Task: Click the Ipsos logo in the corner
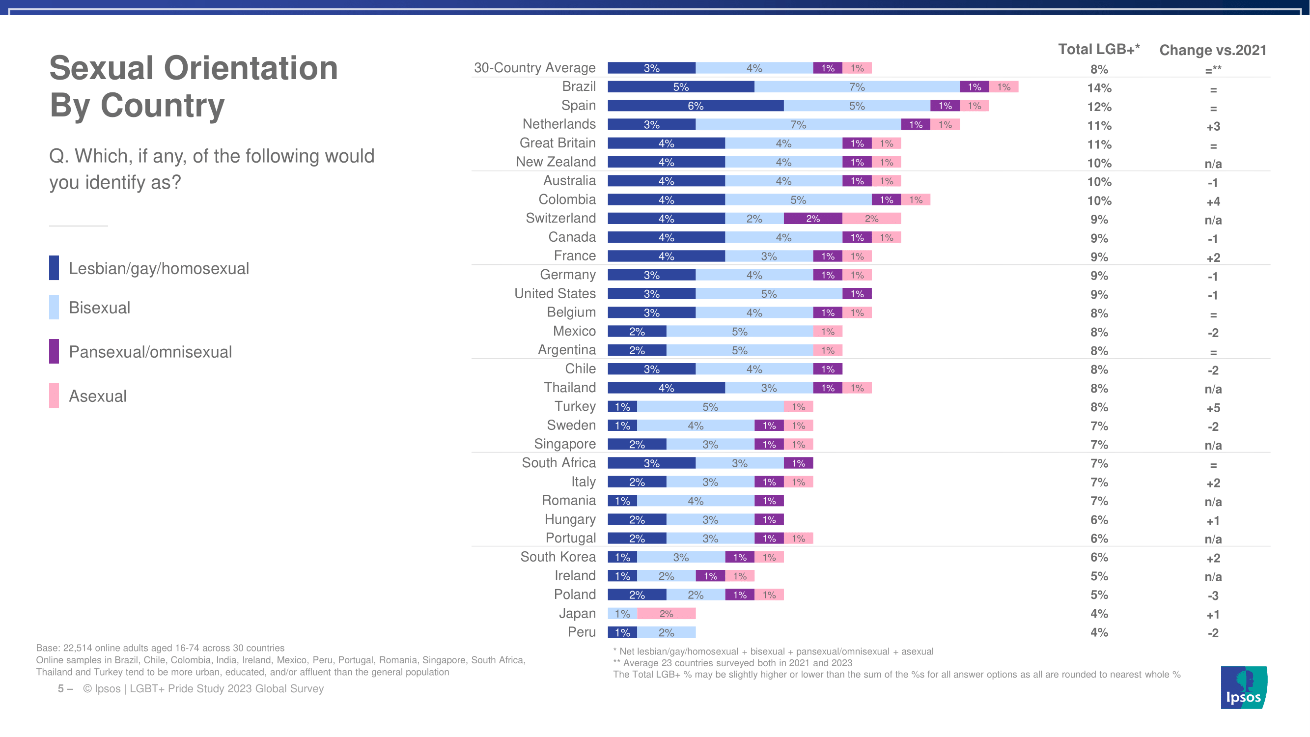(x=1243, y=687)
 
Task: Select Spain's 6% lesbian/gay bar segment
(x=695, y=106)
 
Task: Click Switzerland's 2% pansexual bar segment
(x=812, y=219)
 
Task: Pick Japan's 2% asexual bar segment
(x=666, y=614)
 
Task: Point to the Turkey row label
(x=575, y=406)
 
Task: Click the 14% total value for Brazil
(x=1099, y=88)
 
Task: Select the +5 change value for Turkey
(x=1213, y=408)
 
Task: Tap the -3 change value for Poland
(x=1213, y=595)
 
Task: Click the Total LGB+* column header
(x=1098, y=49)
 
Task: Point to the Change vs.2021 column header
(x=1212, y=50)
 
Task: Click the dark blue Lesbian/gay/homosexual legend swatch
(x=54, y=268)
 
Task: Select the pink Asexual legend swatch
(x=54, y=395)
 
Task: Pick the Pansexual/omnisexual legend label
(x=150, y=352)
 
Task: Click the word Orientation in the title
(x=251, y=68)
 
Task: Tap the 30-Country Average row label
(x=534, y=68)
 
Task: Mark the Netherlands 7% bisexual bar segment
(x=798, y=125)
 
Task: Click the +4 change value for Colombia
(x=1213, y=202)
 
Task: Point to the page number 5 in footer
(x=60, y=689)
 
